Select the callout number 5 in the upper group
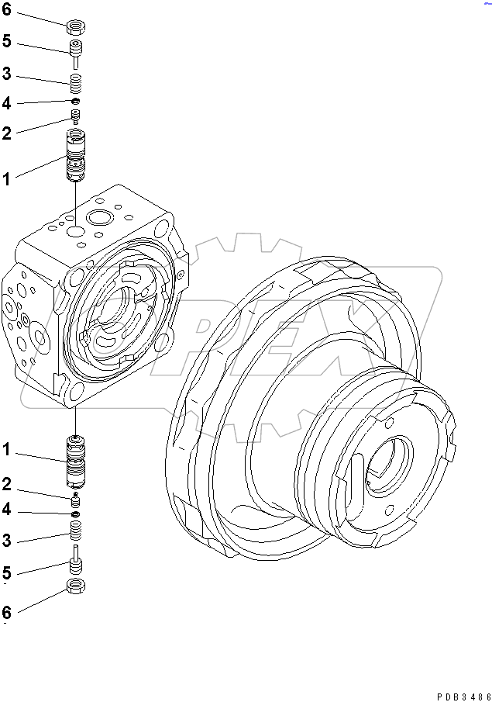7,41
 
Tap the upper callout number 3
7,74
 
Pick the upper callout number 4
7,102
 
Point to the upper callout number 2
7,133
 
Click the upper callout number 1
7,179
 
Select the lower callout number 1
7,449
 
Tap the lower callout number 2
7,485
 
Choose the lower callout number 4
7,510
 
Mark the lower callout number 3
7,541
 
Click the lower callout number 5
7,574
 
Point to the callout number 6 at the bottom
7,612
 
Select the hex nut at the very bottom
76,585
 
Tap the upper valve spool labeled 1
75,156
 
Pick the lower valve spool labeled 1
76,461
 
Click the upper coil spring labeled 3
75,81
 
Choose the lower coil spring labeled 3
76,531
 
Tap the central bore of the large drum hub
387,466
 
